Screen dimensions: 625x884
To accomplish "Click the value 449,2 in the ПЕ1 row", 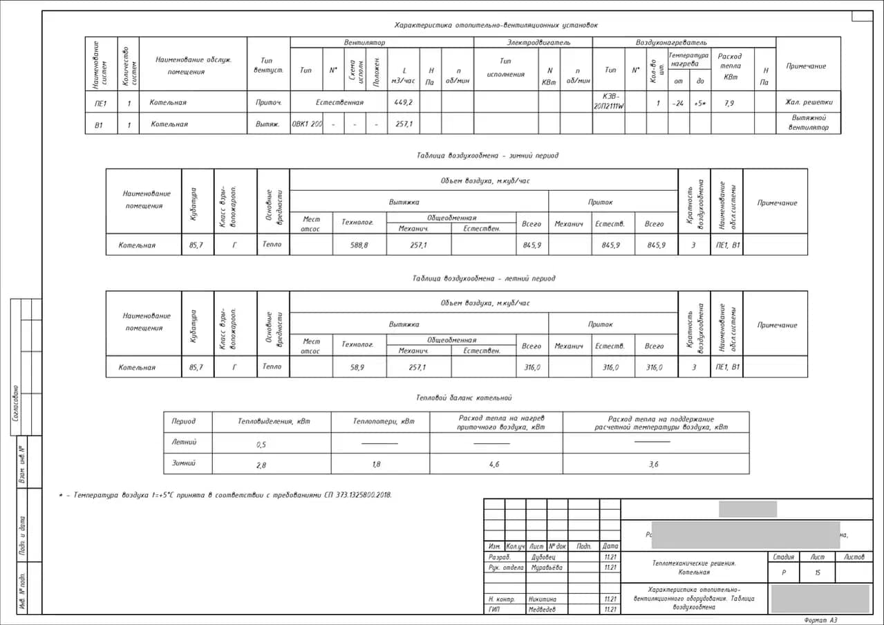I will tap(403, 102).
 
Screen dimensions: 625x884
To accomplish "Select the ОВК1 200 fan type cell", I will tap(307, 124).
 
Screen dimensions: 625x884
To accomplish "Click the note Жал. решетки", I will tap(809, 102).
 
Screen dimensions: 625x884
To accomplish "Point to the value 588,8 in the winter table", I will tap(359, 245).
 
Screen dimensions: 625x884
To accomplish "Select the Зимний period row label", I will tap(184, 463).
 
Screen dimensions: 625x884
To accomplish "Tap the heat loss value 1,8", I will tap(376, 465).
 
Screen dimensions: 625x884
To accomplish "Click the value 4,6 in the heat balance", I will tap(494, 465).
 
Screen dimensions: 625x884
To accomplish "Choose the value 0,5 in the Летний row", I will tap(261, 444).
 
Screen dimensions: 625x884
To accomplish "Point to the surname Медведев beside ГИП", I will tap(542, 610).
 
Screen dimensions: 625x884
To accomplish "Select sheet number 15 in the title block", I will tap(818, 572).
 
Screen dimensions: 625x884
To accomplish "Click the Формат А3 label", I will tap(820, 620).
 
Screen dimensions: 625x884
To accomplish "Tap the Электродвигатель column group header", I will tap(534, 43).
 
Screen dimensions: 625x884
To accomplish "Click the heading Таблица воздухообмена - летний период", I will tap(484, 279).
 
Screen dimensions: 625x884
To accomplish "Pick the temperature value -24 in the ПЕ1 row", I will tap(678, 103).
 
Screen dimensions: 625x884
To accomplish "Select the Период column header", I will tap(184, 421).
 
